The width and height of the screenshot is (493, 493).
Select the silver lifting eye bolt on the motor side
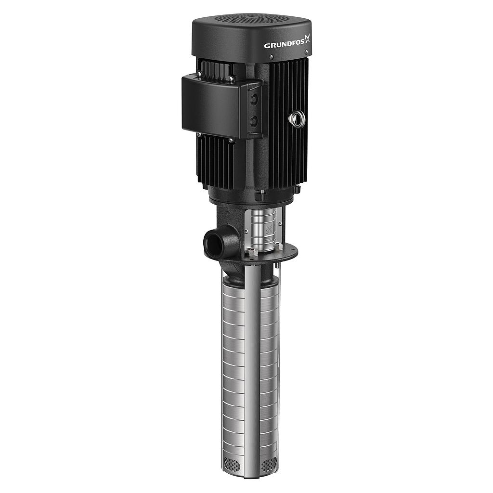point(297,119)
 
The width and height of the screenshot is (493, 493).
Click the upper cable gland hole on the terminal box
point(254,99)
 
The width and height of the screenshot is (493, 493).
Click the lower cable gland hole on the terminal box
point(254,120)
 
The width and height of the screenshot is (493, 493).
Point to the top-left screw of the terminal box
point(198,75)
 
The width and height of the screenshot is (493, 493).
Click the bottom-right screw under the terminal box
point(232,141)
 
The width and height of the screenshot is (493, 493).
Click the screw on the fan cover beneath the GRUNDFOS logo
point(271,57)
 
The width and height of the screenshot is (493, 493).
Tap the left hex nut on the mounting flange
point(254,252)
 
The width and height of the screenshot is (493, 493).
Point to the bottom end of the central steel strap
point(252,474)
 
